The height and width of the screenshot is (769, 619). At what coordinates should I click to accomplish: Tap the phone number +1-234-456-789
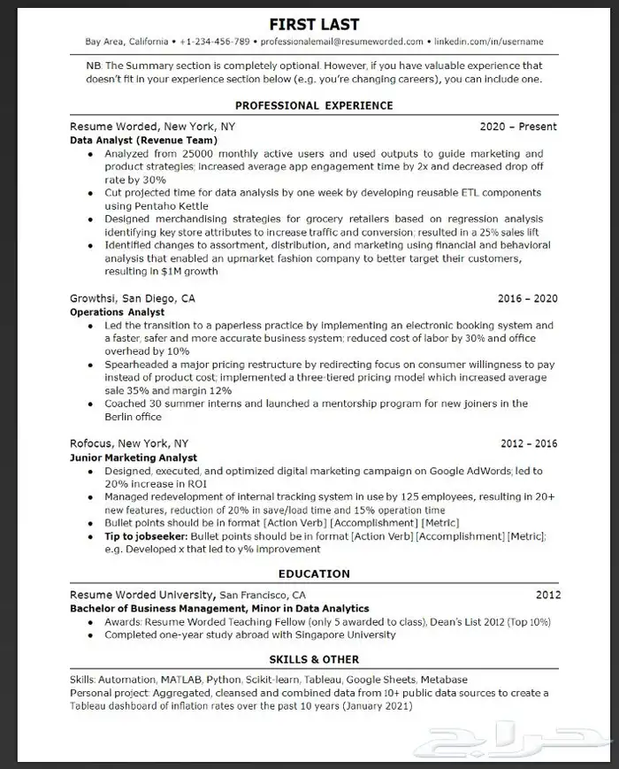click(214, 42)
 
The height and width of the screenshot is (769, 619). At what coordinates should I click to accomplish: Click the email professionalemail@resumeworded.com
click(340, 42)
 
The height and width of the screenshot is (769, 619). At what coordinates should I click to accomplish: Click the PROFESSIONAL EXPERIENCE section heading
click(314, 105)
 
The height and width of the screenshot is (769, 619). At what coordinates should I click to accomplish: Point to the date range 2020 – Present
click(518, 127)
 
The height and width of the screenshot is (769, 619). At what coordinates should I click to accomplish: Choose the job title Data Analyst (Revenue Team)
click(142, 140)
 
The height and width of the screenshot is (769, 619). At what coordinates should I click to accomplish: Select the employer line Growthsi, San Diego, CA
click(133, 298)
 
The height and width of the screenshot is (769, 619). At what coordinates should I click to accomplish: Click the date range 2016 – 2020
click(529, 299)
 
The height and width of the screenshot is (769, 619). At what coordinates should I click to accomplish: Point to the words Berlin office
click(133, 417)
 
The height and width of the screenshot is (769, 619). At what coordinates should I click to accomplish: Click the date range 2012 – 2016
click(529, 443)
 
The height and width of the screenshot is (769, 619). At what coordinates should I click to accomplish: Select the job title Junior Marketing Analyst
click(134, 458)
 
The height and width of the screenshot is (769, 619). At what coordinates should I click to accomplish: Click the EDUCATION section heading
click(314, 573)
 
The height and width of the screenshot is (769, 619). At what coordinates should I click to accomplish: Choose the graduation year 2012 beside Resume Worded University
click(547, 595)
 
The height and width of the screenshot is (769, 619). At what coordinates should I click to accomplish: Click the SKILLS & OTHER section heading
click(314, 659)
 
